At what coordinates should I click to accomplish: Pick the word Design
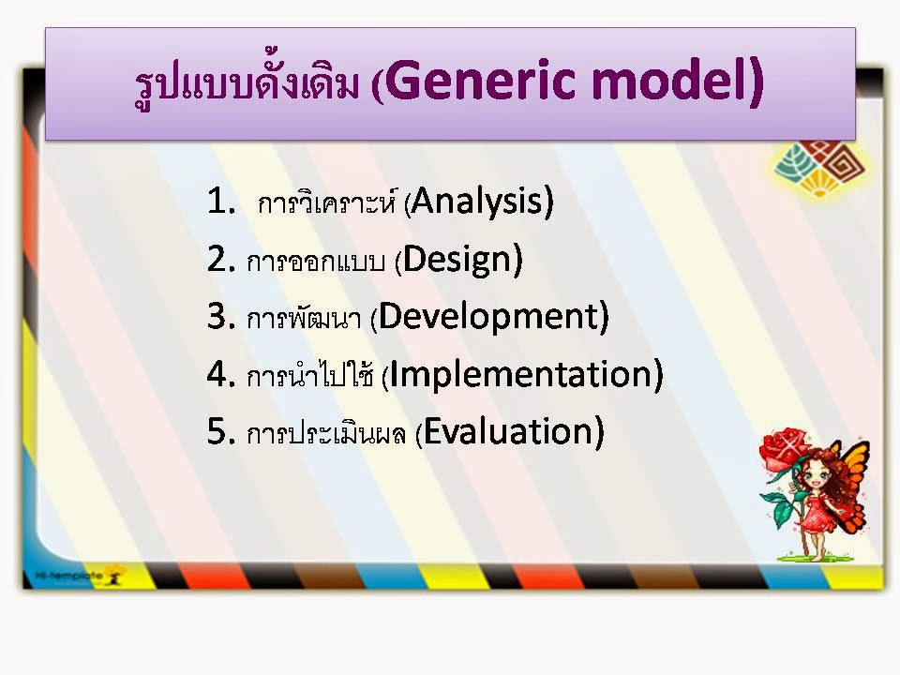click(457, 260)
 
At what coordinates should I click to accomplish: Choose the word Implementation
click(521, 375)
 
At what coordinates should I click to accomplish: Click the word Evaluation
click(508, 431)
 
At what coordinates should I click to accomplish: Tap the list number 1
click(221, 201)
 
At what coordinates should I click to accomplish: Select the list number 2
click(221, 259)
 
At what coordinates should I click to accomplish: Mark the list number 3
click(221, 316)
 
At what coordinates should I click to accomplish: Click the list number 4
click(221, 374)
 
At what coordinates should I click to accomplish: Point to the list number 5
click(221, 431)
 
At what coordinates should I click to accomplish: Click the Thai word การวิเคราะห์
click(327, 202)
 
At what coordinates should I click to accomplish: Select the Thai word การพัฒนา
click(304, 318)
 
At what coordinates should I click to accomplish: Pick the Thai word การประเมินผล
click(326, 432)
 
